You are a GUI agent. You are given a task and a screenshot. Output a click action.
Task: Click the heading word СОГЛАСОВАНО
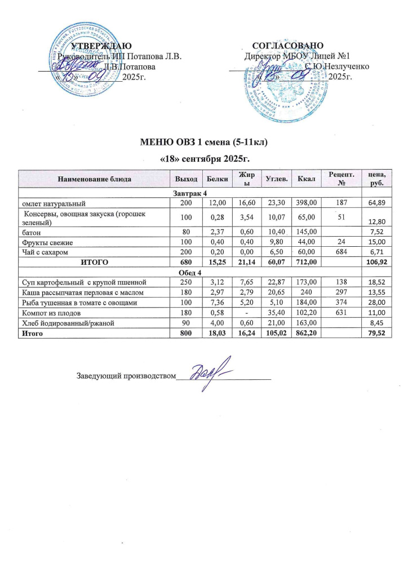click(x=287, y=45)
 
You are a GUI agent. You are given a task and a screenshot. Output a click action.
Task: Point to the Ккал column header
click(x=309, y=179)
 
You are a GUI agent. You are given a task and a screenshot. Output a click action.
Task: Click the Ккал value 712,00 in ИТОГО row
click(x=309, y=263)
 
